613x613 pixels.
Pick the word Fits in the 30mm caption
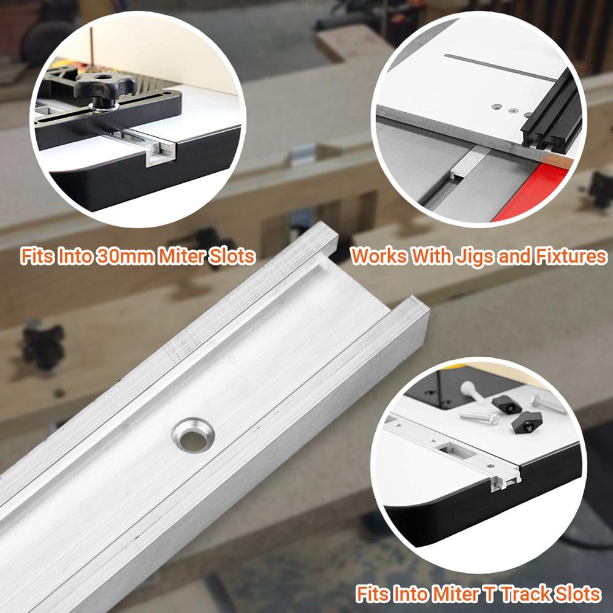[x=39, y=256]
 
